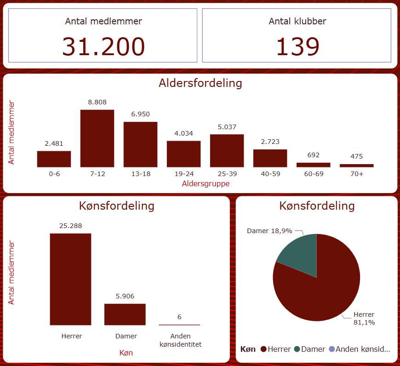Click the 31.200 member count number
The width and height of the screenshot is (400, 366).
103,46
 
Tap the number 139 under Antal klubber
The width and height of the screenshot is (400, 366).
297,46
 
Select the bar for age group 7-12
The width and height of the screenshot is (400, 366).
97,138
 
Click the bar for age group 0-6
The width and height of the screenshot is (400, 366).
54,159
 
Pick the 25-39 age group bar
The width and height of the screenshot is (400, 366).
227,151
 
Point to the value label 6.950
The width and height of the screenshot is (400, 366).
140,114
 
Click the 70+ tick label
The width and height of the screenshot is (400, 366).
356,174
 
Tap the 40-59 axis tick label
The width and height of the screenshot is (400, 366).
270,174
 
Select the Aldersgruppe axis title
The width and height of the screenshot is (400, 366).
206,183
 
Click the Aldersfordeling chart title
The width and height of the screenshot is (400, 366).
200,83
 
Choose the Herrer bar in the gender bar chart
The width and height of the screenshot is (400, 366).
70,279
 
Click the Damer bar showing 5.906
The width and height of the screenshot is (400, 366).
125,315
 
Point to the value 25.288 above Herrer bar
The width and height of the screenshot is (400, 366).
70,226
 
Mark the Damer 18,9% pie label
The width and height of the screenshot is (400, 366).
269,231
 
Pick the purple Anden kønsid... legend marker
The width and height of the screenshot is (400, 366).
331,349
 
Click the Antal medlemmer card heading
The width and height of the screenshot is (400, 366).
103,21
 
